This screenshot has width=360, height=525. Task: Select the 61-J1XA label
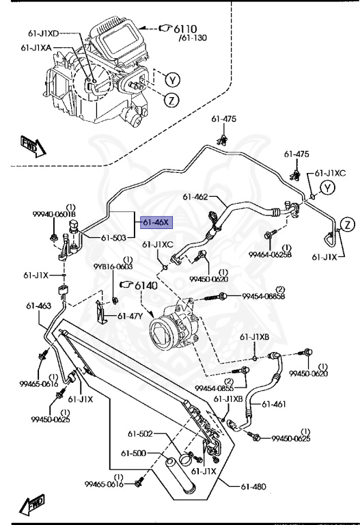point(38,48)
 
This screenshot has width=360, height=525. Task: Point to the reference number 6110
point(184,29)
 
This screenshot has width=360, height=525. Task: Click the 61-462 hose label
point(195,197)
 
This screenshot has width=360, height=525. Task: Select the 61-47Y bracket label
point(130,316)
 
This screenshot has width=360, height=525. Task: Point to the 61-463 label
point(39,306)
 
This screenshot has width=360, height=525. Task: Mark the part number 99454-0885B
point(263,296)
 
